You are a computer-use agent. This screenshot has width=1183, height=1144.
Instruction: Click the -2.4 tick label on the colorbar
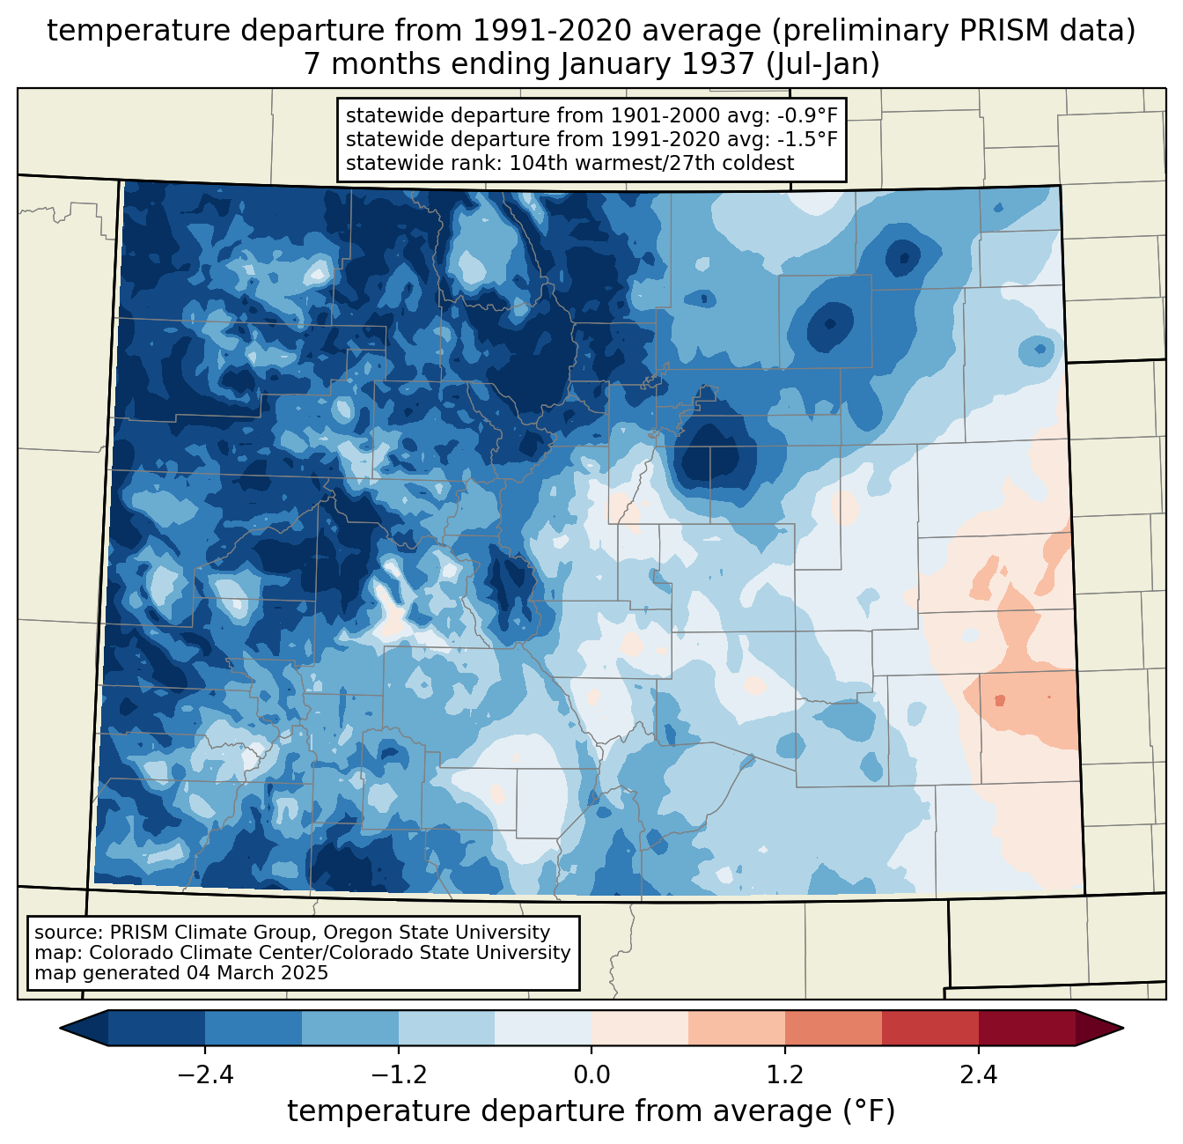[x=205, y=1075]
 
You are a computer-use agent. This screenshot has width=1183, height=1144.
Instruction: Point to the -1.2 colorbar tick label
[x=398, y=1075]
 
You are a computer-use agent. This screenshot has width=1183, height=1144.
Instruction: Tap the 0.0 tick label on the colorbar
[x=591, y=1075]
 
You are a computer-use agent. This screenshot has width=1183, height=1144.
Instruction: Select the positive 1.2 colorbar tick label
[x=785, y=1075]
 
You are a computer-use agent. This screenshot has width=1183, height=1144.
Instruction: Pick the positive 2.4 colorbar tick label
[x=979, y=1075]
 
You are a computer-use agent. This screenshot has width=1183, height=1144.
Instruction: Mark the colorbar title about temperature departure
[x=591, y=1111]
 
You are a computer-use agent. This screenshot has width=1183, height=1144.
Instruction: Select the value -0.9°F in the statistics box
[x=798, y=115]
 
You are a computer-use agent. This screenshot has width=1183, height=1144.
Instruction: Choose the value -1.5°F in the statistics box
[x=798, y=139]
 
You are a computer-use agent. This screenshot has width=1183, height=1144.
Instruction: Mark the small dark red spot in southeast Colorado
[x=999, y=701]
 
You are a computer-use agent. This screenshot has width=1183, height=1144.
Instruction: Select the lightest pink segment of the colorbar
[x=640, y=1028]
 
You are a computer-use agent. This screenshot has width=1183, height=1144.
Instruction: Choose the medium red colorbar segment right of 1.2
[x=834, y=1028]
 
